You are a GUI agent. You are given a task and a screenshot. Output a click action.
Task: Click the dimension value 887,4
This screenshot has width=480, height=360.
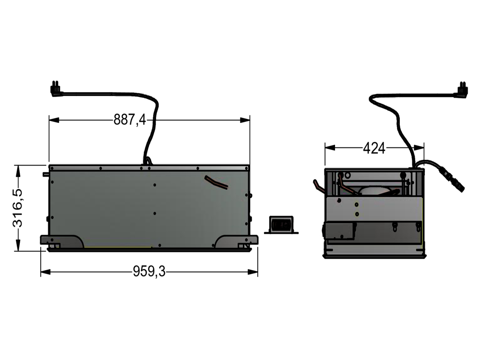[129, 119]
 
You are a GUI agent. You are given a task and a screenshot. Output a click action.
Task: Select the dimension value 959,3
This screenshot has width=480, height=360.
[149, 272]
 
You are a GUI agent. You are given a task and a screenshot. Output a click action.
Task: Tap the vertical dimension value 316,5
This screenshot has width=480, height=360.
[18, 207]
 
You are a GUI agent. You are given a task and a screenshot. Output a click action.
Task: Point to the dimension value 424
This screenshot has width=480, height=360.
[374, 148]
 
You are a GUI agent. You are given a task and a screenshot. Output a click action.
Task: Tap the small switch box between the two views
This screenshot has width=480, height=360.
[281, 225]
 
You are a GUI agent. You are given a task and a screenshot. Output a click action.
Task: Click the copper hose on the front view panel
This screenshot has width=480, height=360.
[216, 182]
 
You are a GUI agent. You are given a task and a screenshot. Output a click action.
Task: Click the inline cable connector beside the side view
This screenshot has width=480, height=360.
[451, 179]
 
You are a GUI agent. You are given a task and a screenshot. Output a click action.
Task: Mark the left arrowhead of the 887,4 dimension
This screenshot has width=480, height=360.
[52, 120]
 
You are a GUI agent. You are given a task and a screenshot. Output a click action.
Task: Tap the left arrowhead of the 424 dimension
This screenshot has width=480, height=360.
[328, 147]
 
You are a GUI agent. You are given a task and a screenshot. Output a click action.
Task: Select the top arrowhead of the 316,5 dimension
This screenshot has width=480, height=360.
[18, 168]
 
